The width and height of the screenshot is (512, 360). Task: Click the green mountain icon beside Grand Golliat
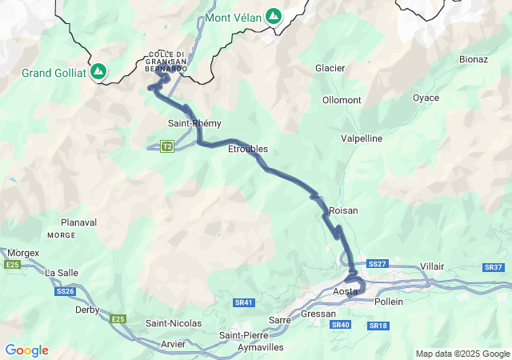pyautogui.click(x=98, y=72)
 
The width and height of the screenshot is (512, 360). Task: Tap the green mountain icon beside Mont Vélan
pyautogui.click(x=274, y=15)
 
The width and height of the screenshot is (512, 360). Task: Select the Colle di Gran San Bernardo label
pyautogui.click(x=167, y=62)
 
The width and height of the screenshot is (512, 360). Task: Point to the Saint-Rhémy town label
pyautogui.click(x=194, y=123)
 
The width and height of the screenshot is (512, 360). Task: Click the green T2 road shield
pyautogui.click(x=167, y=146)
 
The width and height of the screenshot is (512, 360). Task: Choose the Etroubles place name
pyautogui.click(x=248, y=149)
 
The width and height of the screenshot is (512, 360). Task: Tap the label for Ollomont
pyautogui.click(x=342, y=100)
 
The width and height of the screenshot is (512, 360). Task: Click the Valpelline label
pyautogui.click(x=362, y=138)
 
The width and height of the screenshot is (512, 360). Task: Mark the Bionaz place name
pyautogui.click(x=474, y=59)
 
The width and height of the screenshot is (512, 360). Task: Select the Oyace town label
pyautogui.click(x=426, y=98)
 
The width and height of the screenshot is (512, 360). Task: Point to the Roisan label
pyautogui.click(x=343, y=210)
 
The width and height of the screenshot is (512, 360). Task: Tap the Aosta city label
pyautogui.click(x=345, y=292)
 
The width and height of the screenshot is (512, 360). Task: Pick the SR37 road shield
pyautogui.click(x=493, y=267)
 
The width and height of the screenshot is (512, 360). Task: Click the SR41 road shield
pyautogui.click(x=244, y=302)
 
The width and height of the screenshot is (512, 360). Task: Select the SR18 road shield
pyautogui.click(x=378, y=326)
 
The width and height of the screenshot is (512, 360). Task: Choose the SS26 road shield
pyautogui.click(x=66, y=292)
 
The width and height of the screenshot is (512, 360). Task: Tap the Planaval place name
pyautogui.click(x=78, y=222)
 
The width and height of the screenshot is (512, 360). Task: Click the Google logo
pyautogui.click(x=26, y=350)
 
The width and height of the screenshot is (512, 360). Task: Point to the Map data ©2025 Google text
pyautogui.click(x=462, y=354)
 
